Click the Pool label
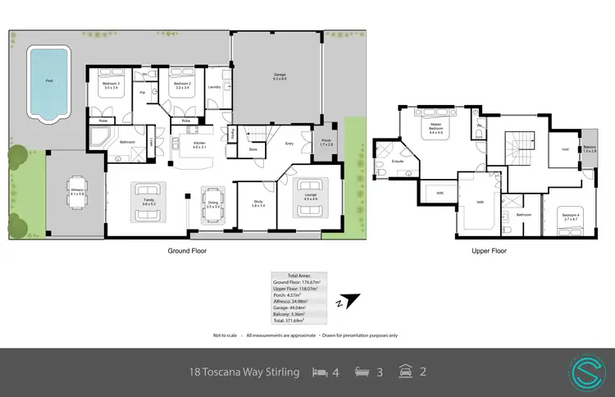(x=50, y=80)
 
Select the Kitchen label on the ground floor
(x=198, y=145)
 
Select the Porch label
(x=326, y=142)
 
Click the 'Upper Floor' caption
(x=489, y=252)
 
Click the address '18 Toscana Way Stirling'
(x=244, y=372)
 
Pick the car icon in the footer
(x=404, y=372)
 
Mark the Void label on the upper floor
(x=564, y=149)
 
